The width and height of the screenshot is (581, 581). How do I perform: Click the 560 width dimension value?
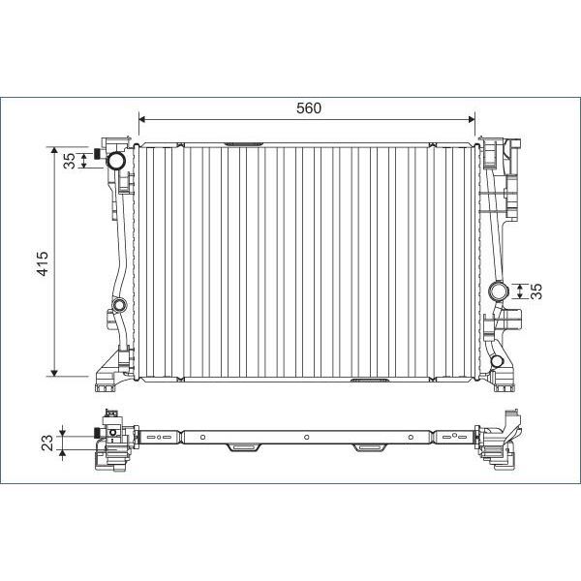click(x=308, y=108)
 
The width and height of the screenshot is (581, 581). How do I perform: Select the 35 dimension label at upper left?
click(x=69, y=161)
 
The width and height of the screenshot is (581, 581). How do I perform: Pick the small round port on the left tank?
click(x=118, y=308)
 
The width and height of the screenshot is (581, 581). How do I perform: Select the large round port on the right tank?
click(x=500, y=291)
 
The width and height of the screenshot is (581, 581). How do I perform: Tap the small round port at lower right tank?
click(x=497, y=362)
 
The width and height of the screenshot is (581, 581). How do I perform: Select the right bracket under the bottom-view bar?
click(x=368, y=447)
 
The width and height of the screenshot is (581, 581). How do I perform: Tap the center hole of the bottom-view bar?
click(x=306, y=438)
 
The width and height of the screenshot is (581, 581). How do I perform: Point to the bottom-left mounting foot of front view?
click(x=107, y=382)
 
